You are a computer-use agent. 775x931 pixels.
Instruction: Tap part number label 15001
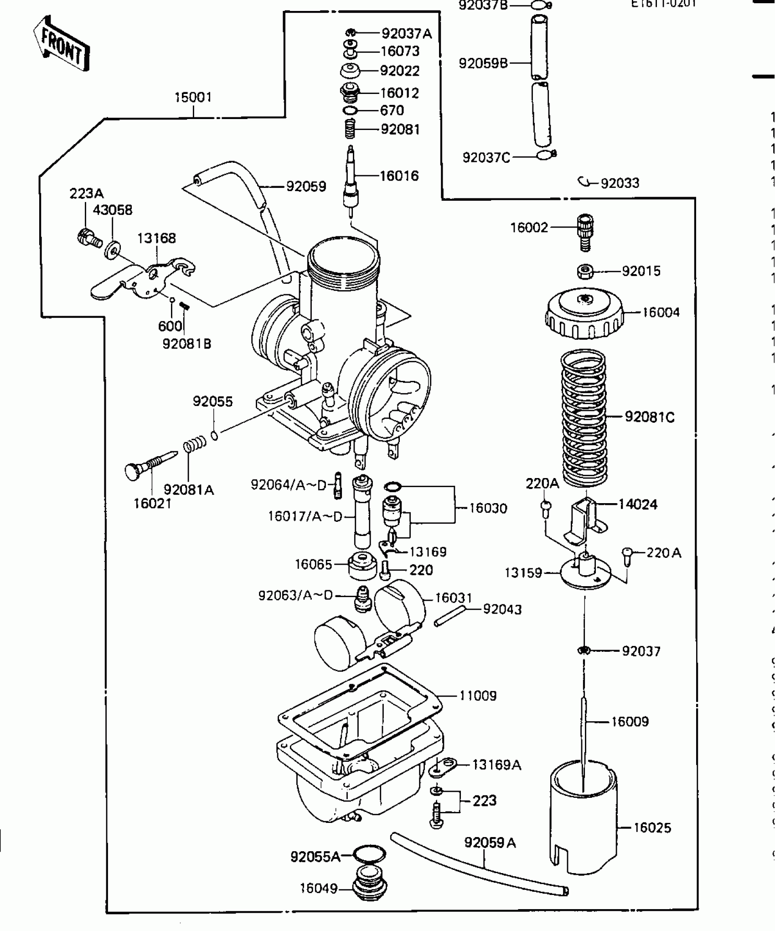coord(193,98)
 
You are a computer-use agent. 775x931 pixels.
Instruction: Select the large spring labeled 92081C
coord(584,417)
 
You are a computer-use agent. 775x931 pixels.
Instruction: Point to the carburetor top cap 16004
coord(584,314)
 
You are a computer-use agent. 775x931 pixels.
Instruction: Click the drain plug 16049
coord(370,888)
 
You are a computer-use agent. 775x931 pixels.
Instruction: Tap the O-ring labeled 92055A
coord(370,853)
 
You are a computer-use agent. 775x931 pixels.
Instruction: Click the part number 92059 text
coord(306,187)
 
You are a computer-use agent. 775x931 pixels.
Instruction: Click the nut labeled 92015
coord(584,271)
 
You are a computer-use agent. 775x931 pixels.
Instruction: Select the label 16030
coord(488,509)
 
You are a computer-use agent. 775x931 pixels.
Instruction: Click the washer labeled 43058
coord(112,250)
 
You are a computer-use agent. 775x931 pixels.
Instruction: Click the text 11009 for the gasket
coord(478,696)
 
